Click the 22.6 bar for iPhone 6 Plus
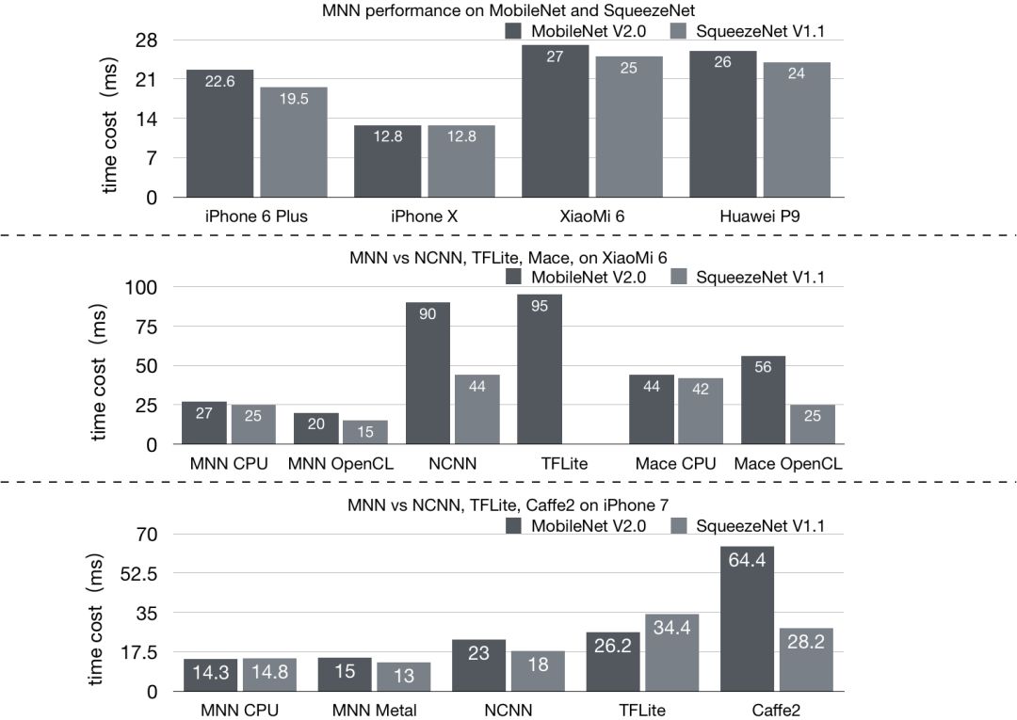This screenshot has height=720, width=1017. point(219,134)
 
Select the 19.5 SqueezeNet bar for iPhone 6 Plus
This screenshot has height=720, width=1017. point(293,142)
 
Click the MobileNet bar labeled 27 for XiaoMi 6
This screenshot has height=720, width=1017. point(555,121)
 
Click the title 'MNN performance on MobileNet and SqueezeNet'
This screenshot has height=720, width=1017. point(509,11)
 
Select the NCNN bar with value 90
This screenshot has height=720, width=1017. point(428,373)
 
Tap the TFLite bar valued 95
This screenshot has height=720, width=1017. point(539,369)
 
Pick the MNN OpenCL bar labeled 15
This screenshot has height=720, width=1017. point(364,432)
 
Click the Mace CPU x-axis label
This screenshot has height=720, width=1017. point(675,463)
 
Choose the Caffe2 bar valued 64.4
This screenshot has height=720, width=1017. point(747,618)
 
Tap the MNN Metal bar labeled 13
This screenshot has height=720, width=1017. point(404,677)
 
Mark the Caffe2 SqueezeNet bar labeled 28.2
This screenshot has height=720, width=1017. point(806,659)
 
